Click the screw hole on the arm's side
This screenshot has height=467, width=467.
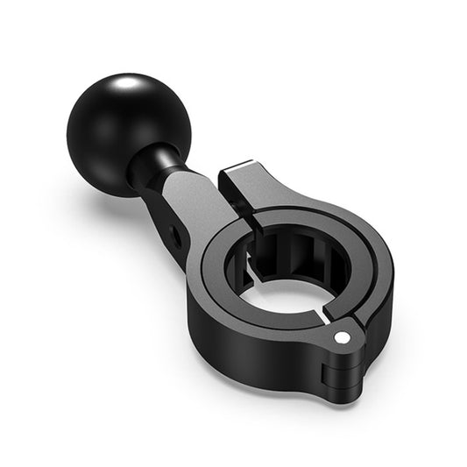point(179,232)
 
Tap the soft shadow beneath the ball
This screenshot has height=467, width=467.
point(96,188)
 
